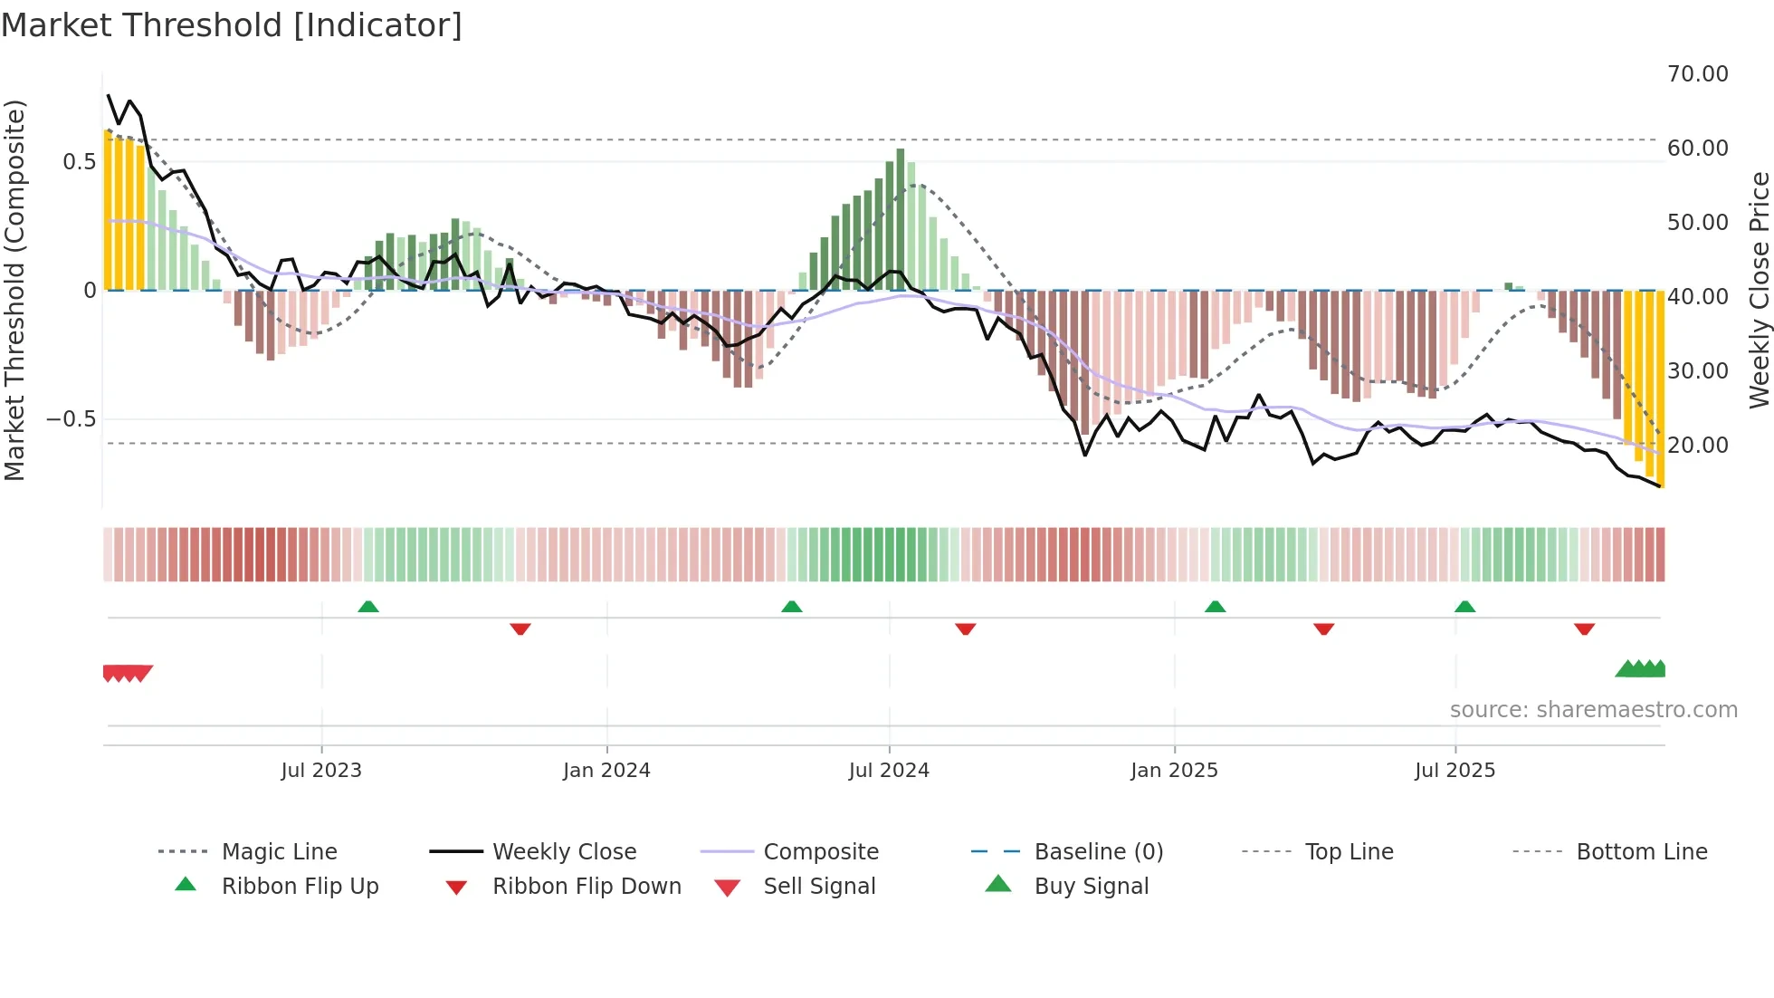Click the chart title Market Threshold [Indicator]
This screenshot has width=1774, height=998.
[232, 25]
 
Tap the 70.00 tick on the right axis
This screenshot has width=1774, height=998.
[1697, 74]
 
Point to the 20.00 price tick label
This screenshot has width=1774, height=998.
[1697, 446]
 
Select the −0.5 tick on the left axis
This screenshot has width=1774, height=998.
[71, 419]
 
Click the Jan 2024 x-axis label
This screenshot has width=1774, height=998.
[606, 771]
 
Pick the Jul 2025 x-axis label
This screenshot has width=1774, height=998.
[1454, 771]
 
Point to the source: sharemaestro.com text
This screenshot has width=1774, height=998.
[1593, 710]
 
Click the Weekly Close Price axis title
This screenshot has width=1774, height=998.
[1759, 290]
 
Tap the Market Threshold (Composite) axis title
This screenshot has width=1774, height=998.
[14, 290]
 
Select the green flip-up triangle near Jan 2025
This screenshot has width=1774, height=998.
[1215, 607]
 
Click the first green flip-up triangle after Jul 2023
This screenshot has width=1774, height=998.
[367, 607]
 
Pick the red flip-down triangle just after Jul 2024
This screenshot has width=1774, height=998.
[965, 629]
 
